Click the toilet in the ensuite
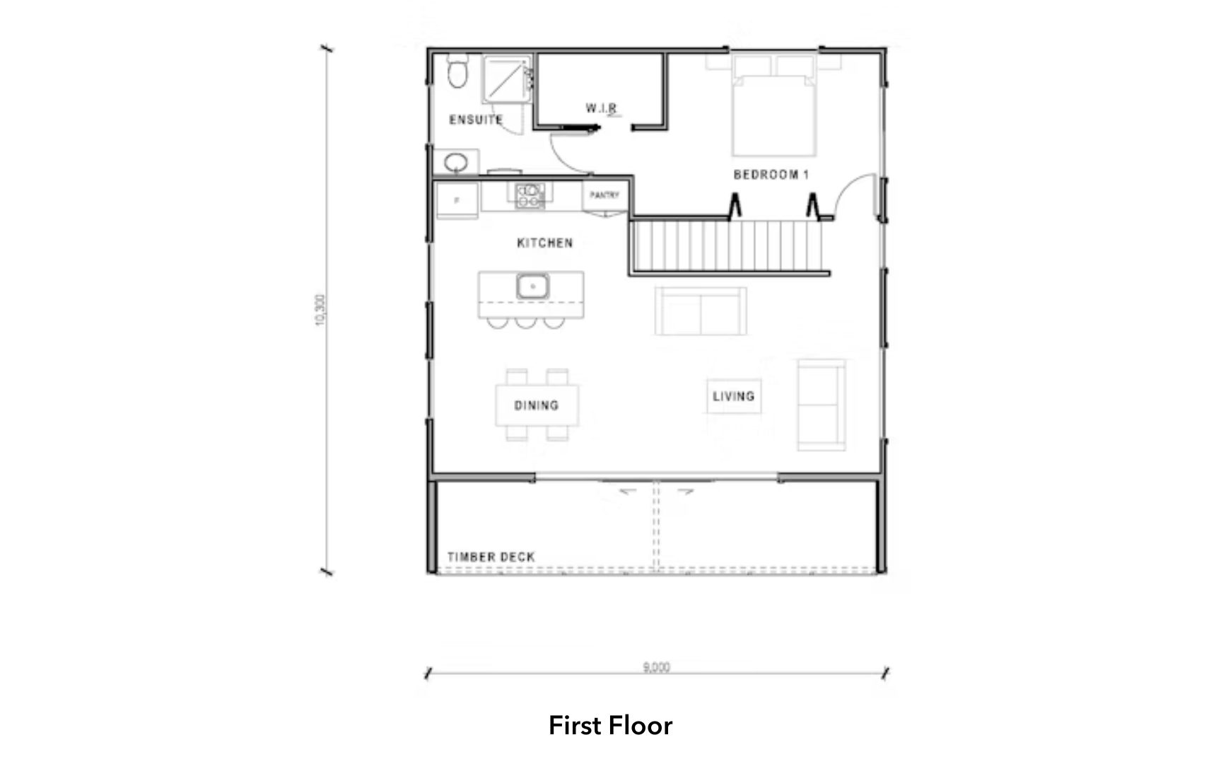pyautogui.click(x=457, y=74)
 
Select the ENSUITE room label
pyautogui.click(x=476, y=120)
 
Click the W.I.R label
pyautogui.click(x=602, y=108)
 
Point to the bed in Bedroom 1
pyautogui.click(x=773, y=113)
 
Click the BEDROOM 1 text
pyautogui.click(x=771, y=174)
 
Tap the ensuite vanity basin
pyautogui.click(x=456, y=163)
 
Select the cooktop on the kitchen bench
pyautogui.click(x=530, y=195)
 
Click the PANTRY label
pyautogui.click(x=604, y=195)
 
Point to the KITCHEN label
pyautogui.click(x=544, y=243)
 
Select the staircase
pyautogui.click(x=728, y=245)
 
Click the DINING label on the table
pyautogui.click(x=536, y=405)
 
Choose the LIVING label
pyautogui.click(x=733, y=396)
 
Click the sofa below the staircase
pyautogui.click(x=700, y=311)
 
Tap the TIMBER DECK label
pyautogui.click(x=491, y=557)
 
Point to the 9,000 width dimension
pyautogui.click(x=656, y=666)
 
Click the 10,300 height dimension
pyautogui.click(x=320, y=309)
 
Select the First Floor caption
pyautogui.click(x=610, y=725)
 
